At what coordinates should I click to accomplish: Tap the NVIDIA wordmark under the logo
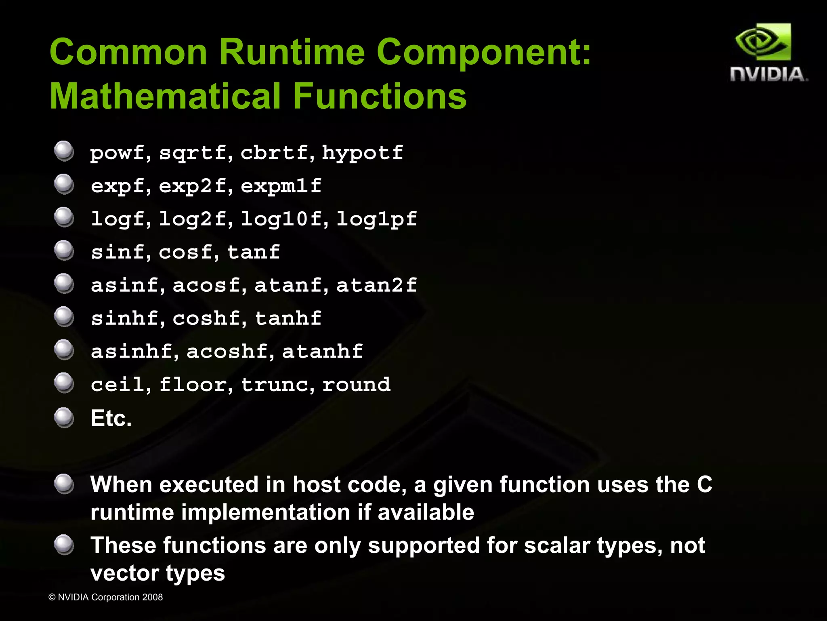pos(768,74)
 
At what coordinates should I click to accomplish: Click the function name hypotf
pos(362,153)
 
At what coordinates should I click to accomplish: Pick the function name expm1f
pos(281,186)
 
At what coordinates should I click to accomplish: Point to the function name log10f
pos(281,219)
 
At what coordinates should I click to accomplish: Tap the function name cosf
pos(185,252)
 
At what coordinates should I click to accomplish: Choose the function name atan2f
pos(376,285)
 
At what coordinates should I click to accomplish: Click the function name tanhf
pos(288,318)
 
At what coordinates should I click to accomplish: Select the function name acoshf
pos(227,351)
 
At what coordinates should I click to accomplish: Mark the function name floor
pos(193,384)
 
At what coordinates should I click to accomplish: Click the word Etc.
pos(111,418)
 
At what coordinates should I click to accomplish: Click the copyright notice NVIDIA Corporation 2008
pos(105,597)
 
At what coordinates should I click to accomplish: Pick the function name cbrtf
pos(274,153)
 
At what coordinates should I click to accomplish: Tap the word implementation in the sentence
pos(266,512)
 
